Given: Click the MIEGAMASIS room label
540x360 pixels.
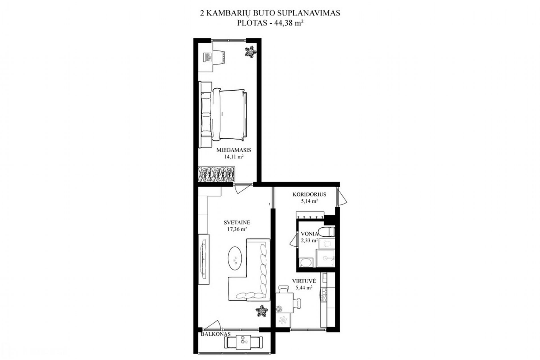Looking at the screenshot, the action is pyautogui.click(x=234, y=150).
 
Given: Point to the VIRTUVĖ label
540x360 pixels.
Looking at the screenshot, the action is pyautogui.click(x=304, y=281).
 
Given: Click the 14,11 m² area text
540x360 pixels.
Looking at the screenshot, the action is pyautogui.click(x=234, y=157).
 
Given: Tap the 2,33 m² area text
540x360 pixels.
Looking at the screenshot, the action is pyautogui.click(x=309, y=241).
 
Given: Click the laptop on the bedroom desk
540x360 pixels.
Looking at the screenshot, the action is pyautogui.click(x=208, y=57).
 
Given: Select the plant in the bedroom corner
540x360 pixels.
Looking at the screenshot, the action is pyautogui.click(x=250, y=52).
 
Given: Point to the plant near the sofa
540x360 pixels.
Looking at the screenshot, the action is pyautogui.click(x=261, y=311).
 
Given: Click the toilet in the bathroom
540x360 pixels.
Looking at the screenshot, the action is pyautogui.click(x=327, y=232).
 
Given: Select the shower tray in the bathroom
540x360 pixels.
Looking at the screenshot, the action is pyautogui.click(x=326, y=258).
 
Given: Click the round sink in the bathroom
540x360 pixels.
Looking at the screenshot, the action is pyautogui.click(x=306, y=263).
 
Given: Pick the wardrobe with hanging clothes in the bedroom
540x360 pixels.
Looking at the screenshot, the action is pyautogui.click(x=217, y=174).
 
